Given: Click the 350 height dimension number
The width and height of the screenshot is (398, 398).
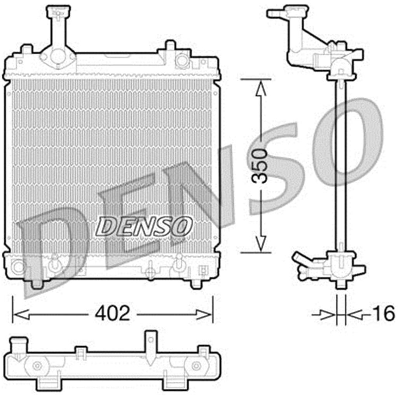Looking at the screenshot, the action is click(x=259, y=166).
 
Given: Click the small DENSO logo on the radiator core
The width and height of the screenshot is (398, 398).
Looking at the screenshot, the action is click(x=144, y=226).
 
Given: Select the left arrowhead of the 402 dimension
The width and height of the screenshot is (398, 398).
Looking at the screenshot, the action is click(x=21, y=314).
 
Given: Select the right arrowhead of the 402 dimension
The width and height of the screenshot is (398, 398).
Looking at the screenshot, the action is click(x=203, y=314).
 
